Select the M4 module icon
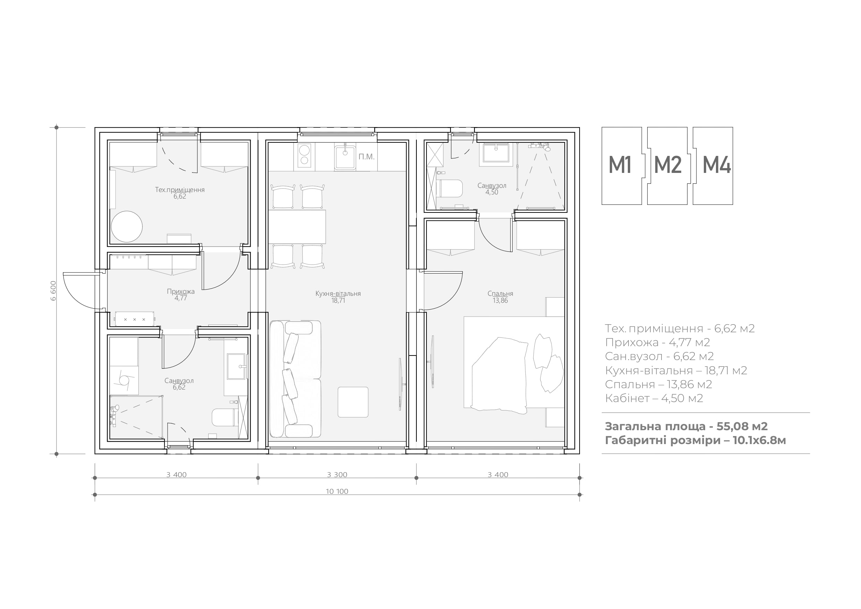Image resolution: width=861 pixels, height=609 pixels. pos(713,166)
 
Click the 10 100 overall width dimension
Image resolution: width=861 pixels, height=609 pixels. pos(337,491)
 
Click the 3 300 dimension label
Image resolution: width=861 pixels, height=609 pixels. pos(337,475)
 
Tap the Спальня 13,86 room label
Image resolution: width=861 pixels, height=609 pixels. pos(500,297)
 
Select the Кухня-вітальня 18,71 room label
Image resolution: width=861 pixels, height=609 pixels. pos(338,297)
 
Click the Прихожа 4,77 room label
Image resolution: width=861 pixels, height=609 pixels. pos(181,294)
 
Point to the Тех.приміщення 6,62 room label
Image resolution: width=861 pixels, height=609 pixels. pos(180,193)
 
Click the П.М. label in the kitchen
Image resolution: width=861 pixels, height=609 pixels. pos(366,157)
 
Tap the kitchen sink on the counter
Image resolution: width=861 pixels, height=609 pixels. pos(345,157)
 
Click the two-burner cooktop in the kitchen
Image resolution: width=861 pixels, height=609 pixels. pos(304,155)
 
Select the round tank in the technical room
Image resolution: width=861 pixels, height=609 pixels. pos(127,227)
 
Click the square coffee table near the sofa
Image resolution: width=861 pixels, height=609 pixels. pos(353,402)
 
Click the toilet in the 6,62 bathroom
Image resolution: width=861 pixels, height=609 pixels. pos(225,417)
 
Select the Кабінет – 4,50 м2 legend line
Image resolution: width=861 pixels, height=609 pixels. pos(654,398)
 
